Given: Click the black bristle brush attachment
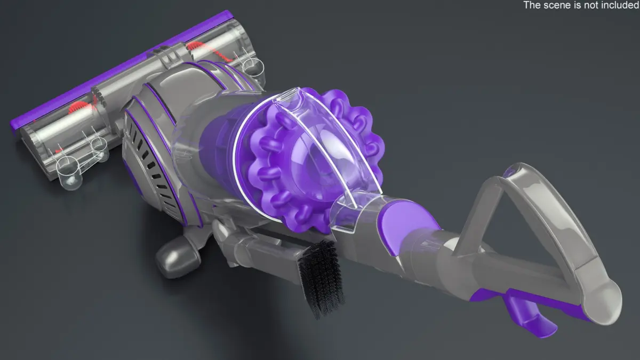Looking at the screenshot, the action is (321, 278).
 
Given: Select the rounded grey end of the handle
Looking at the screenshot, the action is (602, 302).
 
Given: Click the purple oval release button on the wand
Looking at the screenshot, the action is (405, 226).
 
